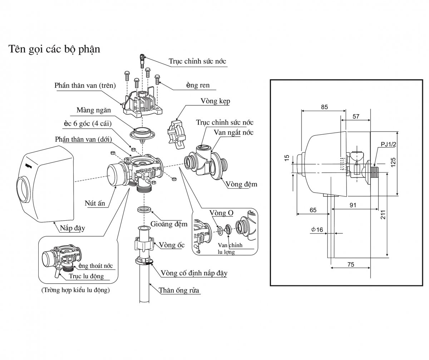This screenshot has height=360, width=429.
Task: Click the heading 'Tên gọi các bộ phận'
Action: click(54, 49)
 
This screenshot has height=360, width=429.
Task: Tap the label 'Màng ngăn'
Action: click(94, 110)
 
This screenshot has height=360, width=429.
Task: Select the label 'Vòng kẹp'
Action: click(215, 101)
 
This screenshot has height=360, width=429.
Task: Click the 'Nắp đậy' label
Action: click(72, 228)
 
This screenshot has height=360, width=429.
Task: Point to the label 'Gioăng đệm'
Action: click(169, 224)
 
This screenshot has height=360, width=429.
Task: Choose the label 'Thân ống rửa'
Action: click(179, 290)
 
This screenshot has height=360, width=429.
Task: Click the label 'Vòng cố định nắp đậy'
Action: click(194, 273)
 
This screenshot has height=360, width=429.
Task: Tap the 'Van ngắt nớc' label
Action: click(233, 132)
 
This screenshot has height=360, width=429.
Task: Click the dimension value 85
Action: click(324, 107)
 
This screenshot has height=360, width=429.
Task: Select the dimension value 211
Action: click(383, 215)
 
